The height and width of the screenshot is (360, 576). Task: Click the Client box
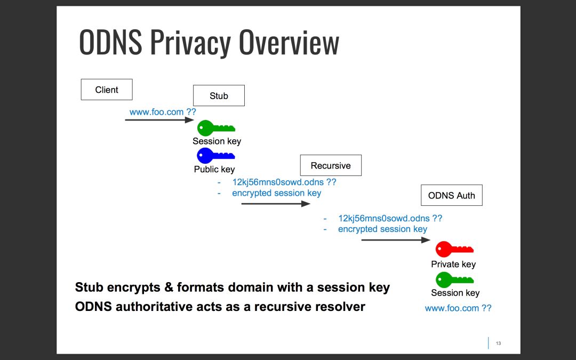click(x=107, y=90)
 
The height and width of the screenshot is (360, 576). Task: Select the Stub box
click(x=219, y=96)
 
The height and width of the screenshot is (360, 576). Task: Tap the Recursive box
click(x=331, y=166)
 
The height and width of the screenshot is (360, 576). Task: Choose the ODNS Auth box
click(x=451, y=195)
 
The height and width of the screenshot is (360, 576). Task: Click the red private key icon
click(x=454, y=249)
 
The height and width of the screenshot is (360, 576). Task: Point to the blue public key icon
click(x=215, y=156)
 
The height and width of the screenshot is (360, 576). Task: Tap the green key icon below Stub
click(x=215, y=128)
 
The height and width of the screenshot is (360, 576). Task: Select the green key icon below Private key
click(x=454, y=279)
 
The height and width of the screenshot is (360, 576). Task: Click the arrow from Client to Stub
click(x=159, y=120)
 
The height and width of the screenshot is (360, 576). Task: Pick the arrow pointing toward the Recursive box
click(x=275, y=203)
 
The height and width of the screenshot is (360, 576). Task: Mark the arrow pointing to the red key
click(x=395, y=240)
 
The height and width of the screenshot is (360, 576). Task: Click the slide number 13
click(x=499, y=343)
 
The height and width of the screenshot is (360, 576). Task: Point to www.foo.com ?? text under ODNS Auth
click(x=458, y=308)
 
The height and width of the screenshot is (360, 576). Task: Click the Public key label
click(x=214, y=169)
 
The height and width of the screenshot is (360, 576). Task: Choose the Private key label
click(x=453, y=264)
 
